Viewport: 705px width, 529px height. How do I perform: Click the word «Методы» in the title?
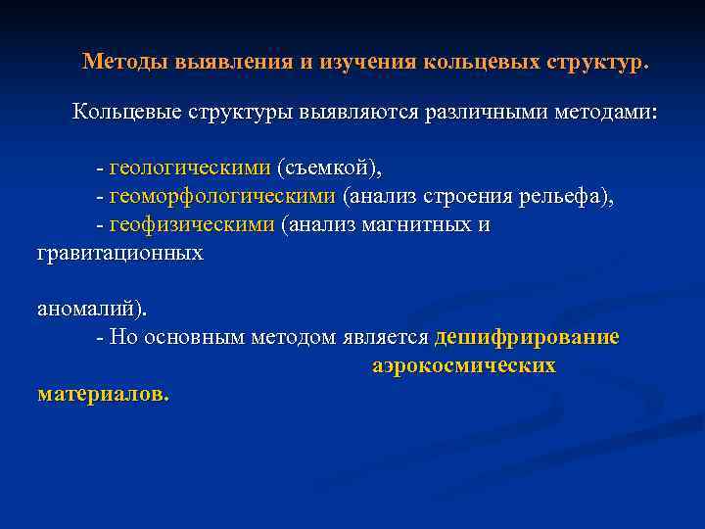[125, 62]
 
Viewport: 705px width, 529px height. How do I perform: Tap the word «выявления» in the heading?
[232, 62]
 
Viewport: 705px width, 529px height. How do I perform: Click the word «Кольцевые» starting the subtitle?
[126, 113]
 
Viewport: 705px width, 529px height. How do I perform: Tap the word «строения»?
[462, 197]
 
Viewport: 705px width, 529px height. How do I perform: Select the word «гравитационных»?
[119, 254]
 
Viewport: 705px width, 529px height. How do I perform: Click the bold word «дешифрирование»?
[527, 337]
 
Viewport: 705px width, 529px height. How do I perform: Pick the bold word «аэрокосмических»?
[464, 366]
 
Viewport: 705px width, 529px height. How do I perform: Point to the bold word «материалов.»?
[103, 395]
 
